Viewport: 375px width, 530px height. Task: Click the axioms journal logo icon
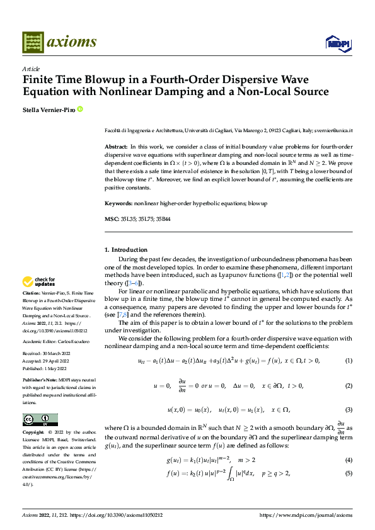click(x=33, y=42)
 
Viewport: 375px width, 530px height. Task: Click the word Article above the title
click(x=31, y=69)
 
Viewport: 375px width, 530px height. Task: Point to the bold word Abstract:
click(x=117, y=146)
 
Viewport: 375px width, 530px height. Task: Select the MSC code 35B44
click(x=170, y=219)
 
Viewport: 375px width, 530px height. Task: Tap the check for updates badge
click(x=39, y=281)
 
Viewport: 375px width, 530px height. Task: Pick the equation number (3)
click(x=349, y=410)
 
